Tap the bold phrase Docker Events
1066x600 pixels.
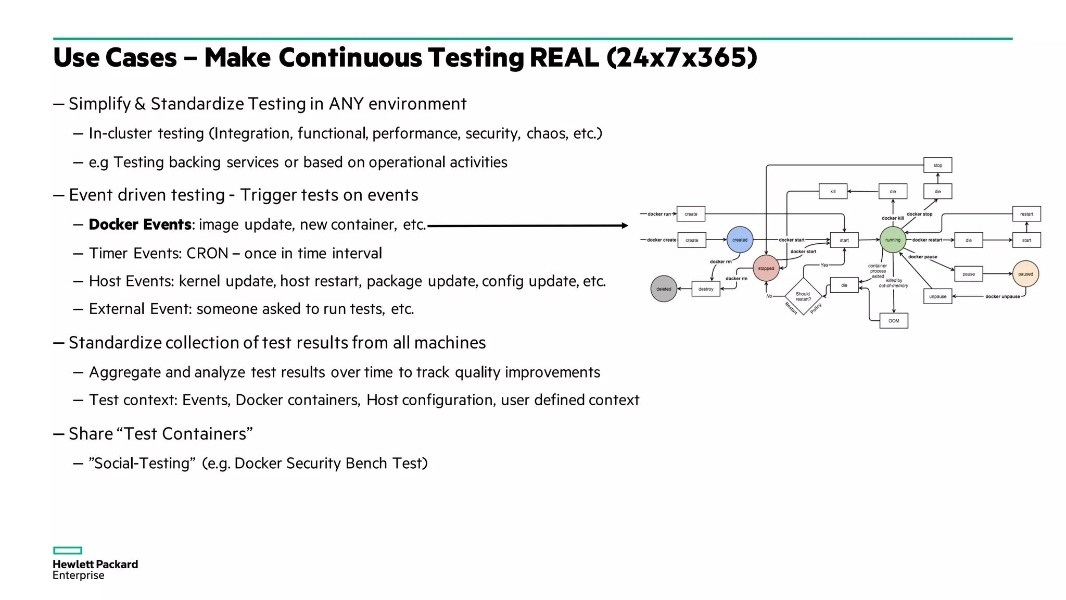(x=140, y=224)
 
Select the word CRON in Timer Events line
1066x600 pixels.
(x=207, y=253)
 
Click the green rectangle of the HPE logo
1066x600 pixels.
(x=68, y=551)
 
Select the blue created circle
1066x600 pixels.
(x=740, y=240)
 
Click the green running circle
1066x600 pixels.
(x=893, y=240)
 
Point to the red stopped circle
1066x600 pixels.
(x=766, y=268)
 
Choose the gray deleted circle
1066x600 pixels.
(x=664, y=289)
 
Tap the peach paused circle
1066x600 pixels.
(x=1025, y=274)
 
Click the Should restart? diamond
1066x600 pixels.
(x=803, y=296)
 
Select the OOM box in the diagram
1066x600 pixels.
(x=894, y=321)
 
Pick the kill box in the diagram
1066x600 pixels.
(x=833, y=192)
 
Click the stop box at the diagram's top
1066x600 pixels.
(x=937, y=165)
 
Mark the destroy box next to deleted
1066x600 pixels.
(x=706, y=289)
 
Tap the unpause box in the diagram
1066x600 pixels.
(x=937, y=296)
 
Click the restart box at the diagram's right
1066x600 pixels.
(x=1026, y=214)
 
